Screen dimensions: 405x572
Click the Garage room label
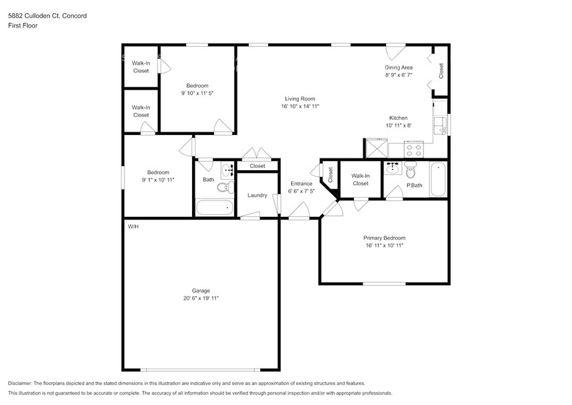tap(201, 290)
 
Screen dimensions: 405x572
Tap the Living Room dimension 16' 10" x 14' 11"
tap(300, 106)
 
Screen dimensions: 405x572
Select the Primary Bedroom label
tap(384, 238)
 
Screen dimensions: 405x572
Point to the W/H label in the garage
tap(133, 227)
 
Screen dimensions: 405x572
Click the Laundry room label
tap(257, 196)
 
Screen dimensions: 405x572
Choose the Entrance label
tap(301, 184)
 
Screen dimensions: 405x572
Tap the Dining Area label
tap(398, 67)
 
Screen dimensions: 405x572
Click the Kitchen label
tap(399, 118)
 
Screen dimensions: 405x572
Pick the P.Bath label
tap(414, 185)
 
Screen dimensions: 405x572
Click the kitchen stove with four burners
tap(414, 148)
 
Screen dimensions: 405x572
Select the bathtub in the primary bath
tap(438, 179)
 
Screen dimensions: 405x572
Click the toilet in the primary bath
tap(411, 172)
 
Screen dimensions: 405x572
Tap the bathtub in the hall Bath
tap(215, 208)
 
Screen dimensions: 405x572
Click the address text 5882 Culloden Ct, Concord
tap(47, 14)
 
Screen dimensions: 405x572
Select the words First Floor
tap(23, 25)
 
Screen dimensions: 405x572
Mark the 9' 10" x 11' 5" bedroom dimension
tap(197, 93)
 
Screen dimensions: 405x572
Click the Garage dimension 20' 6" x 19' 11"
tap(201, 298)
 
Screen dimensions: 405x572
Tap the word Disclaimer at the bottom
tap(23, 383)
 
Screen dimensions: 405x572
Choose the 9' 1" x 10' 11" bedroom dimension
tap(158, 180)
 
